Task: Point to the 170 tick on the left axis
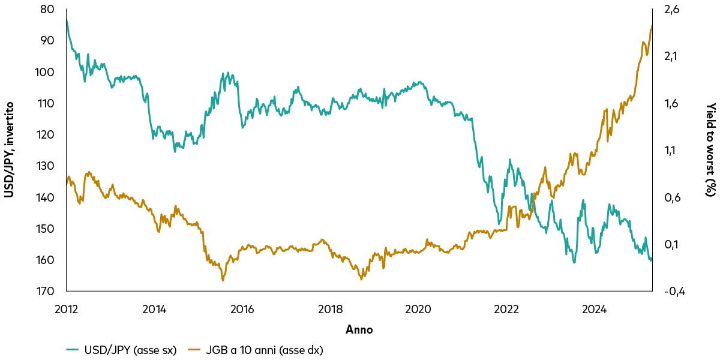pos(48,291)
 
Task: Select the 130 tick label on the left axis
pos(48,166)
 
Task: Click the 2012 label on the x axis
pos(66,309)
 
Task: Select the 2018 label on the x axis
pos(330,309)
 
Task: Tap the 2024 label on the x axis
pos(594,309)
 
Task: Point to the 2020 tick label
pos(418,309)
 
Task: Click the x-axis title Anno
pos(359,329)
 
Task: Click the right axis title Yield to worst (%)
pos(710,150)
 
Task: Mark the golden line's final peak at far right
pos(652,26)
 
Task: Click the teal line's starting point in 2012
pos(66,19)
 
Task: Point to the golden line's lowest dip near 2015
pos(223,280)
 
